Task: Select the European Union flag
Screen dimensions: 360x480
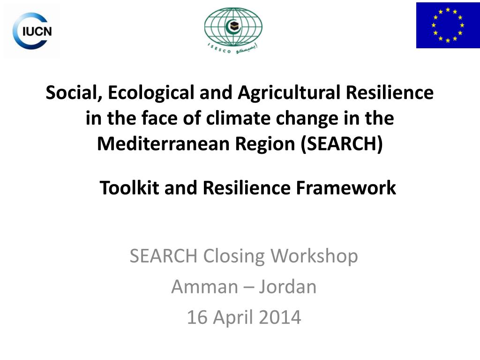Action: pos(448,25)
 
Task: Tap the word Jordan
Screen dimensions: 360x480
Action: pos(287,286)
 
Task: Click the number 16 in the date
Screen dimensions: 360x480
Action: pos(196,317)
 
